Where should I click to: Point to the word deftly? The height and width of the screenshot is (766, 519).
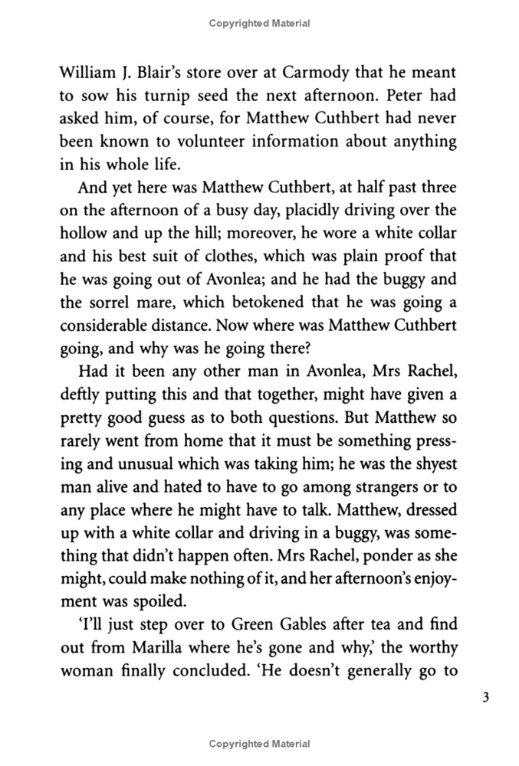pyautogui.click(x=79, y=395)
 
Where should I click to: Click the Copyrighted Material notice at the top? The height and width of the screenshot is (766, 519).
pyautogui.click(x=259, y=24)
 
